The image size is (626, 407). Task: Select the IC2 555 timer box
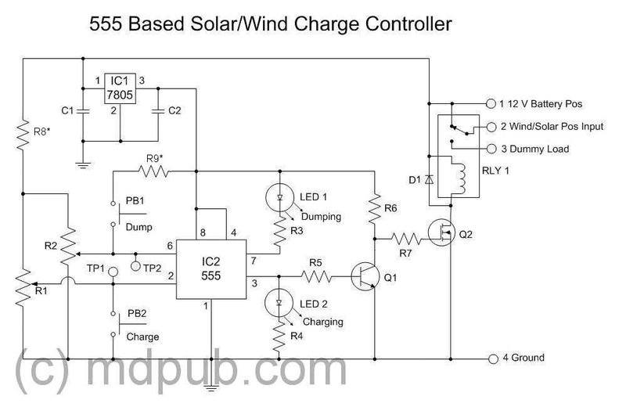point(210,268)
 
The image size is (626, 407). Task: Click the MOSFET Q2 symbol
point(441,232)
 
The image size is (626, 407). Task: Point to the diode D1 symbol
point(430,180)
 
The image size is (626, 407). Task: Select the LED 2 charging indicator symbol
point(279,300)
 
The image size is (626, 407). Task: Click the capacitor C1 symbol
point(82,111)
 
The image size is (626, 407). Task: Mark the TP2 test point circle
point(136,267)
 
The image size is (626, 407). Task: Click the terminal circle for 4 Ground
point(492,358)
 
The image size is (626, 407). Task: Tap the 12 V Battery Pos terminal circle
point(492,103)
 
